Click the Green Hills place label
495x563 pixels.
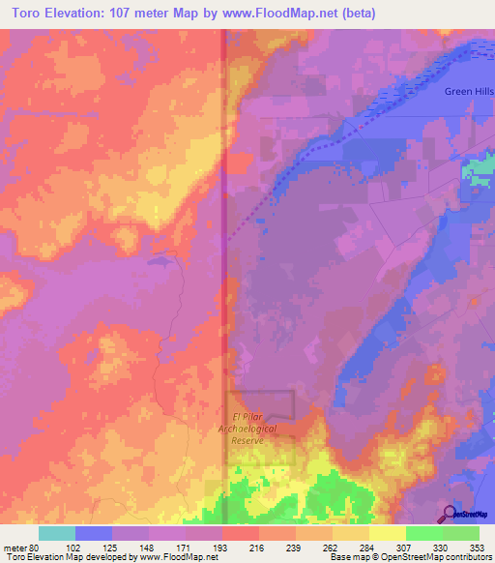468,91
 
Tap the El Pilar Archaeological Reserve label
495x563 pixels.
259,429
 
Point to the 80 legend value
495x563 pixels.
37,548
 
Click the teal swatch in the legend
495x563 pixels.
57,533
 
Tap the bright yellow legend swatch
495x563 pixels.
387,533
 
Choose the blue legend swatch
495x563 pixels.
94,533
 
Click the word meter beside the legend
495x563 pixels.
14,548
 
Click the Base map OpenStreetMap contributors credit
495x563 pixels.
410,557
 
